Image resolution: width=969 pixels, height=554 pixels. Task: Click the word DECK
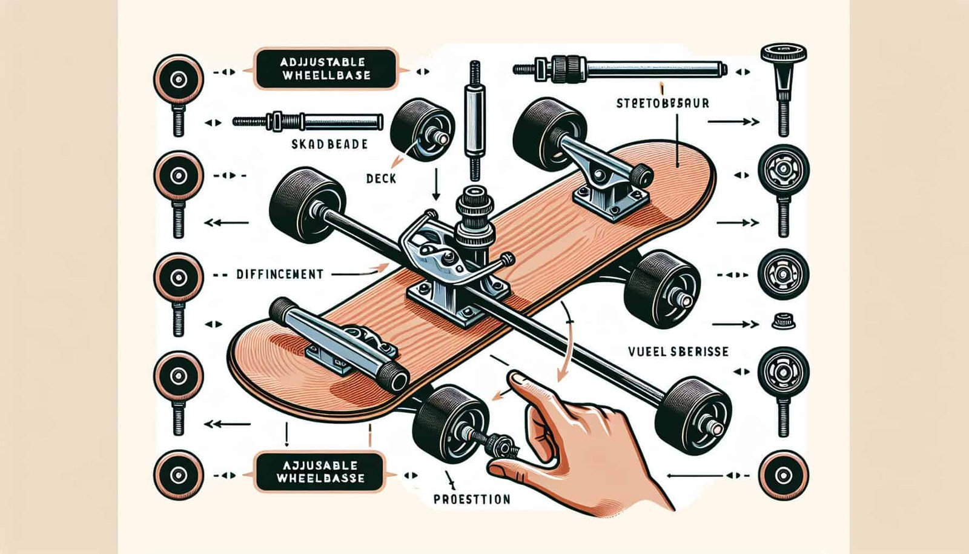[381, 178]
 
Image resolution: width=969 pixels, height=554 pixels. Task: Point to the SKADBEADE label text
[329, 144]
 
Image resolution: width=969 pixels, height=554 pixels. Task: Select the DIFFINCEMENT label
[279, 274]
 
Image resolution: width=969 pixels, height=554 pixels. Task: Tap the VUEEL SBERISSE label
[678, 352]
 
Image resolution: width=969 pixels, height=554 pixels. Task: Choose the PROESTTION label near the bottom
[472, 499]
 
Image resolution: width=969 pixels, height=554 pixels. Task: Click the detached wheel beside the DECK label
[421, 130]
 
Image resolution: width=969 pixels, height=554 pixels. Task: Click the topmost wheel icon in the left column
[177, 79]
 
